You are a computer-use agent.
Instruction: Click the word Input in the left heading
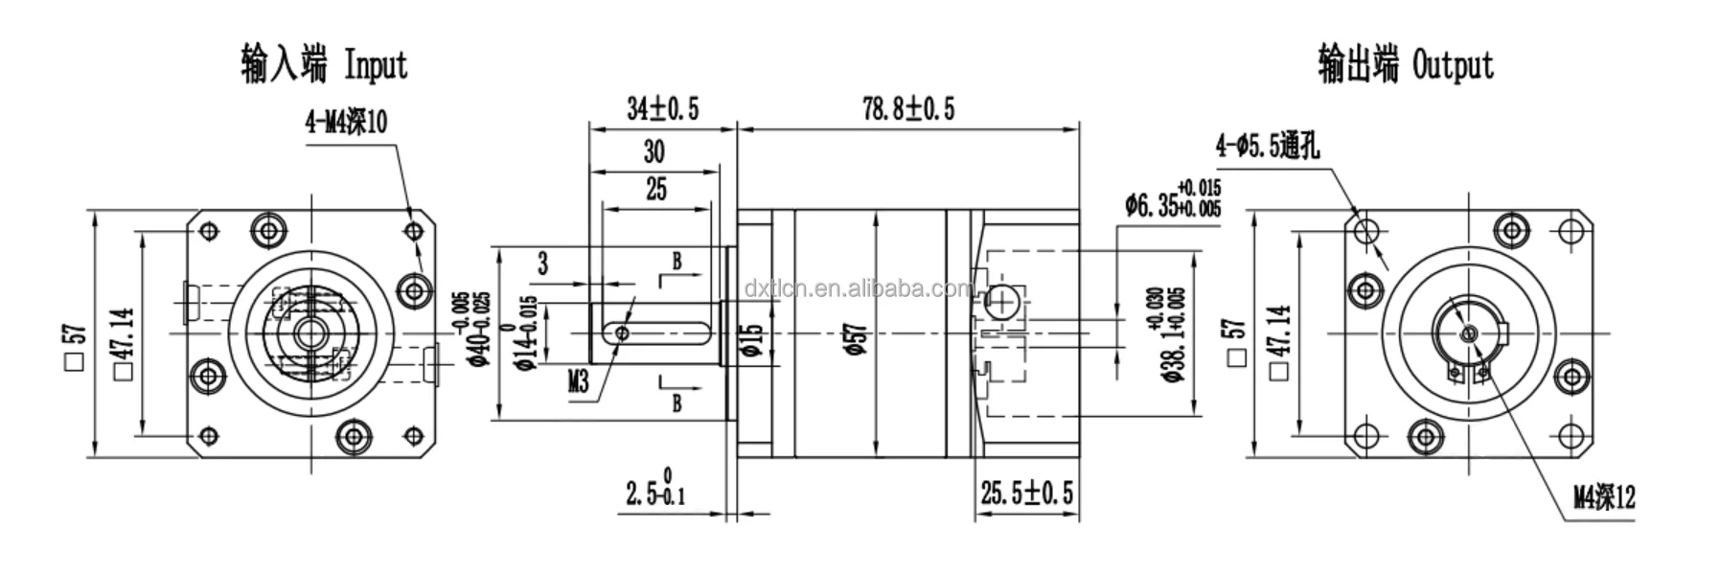[376, 65]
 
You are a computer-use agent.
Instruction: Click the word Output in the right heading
[1453, 65]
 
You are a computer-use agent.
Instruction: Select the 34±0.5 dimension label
[662, 109]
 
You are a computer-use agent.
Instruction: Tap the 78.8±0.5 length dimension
[908, 109]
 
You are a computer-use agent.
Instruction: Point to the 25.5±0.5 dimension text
[1026, 494]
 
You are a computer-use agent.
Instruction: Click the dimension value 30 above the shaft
[654, 151]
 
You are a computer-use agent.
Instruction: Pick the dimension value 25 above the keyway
[655, 189]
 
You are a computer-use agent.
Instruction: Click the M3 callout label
[578, 382]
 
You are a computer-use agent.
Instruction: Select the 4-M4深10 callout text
[346, 123]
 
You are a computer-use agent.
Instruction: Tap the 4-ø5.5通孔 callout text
[1267, 146]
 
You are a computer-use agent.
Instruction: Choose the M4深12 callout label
[1604, 496]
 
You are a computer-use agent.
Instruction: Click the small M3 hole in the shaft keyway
[623, 333]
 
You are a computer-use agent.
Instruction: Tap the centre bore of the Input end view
[308, 333]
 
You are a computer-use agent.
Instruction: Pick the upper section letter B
[677, 261]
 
